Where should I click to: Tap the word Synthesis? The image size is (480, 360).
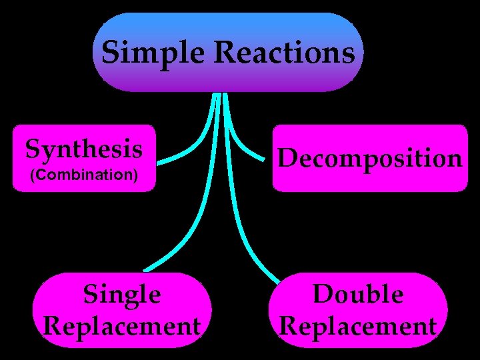coord(84,149)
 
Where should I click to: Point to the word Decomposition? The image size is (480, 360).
coord(370,159)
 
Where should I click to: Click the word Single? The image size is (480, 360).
coord(122,294)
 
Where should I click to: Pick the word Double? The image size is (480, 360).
coord(358,294)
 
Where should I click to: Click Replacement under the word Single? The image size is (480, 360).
coord(122,326)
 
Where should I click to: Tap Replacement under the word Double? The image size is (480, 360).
coord(358,326)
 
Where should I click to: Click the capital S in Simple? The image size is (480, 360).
coord(110,53)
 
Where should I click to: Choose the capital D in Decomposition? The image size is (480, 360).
coord(287,158)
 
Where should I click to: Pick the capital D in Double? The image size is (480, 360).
coord(323,294)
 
